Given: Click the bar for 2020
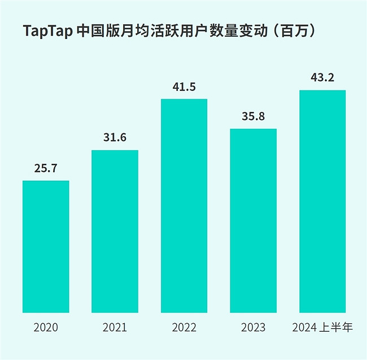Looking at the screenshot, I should pyautogui.click(x=46, y=246).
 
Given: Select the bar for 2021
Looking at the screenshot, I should pyautogui.click(x=115, y=231).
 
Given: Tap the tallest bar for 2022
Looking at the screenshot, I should pyautogui.click(x=184, y=206).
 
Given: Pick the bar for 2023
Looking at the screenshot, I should pyautogui.click(x=253, y=220).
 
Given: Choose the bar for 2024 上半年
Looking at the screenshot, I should pyautogui.click(x=322, y=201).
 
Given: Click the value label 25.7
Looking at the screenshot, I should pyautogui.click(x=46, y=168).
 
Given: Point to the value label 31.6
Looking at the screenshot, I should pyautogui.click(x=115, y=137).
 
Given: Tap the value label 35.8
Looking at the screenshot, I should pyautogui.click(x=253, y=116).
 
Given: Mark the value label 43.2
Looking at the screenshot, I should pyautogui.click(x=322, y=77).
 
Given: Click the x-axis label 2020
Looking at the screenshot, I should pyautogui.click(x=46, y=327).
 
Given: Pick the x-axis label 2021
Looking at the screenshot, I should pyautogui.click(x=115, y=327).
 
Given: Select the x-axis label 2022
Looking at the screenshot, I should pyautogui.click(x=184, y=327).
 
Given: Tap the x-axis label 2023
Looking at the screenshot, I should pyautogui.click(x=253, y=327).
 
